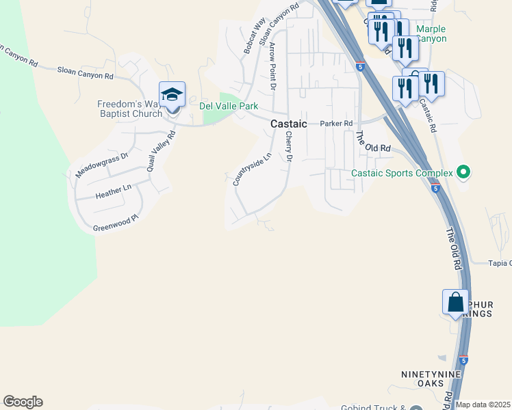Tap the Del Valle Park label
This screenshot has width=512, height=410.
(x=229, y=107)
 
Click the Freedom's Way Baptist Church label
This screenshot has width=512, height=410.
(x=129, y=109)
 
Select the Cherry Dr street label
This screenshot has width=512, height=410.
(x=288, y=147)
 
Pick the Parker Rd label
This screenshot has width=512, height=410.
(x=336, y=124)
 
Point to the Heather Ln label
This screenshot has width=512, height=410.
(x=113, y=191)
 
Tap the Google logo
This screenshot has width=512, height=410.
(x=23, y=402)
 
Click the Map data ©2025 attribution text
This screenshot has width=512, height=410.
(x=483, y=405)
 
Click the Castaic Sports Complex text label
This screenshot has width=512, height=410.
(x=402, y=173)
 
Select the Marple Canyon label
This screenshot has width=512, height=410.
(x=431, y=33)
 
